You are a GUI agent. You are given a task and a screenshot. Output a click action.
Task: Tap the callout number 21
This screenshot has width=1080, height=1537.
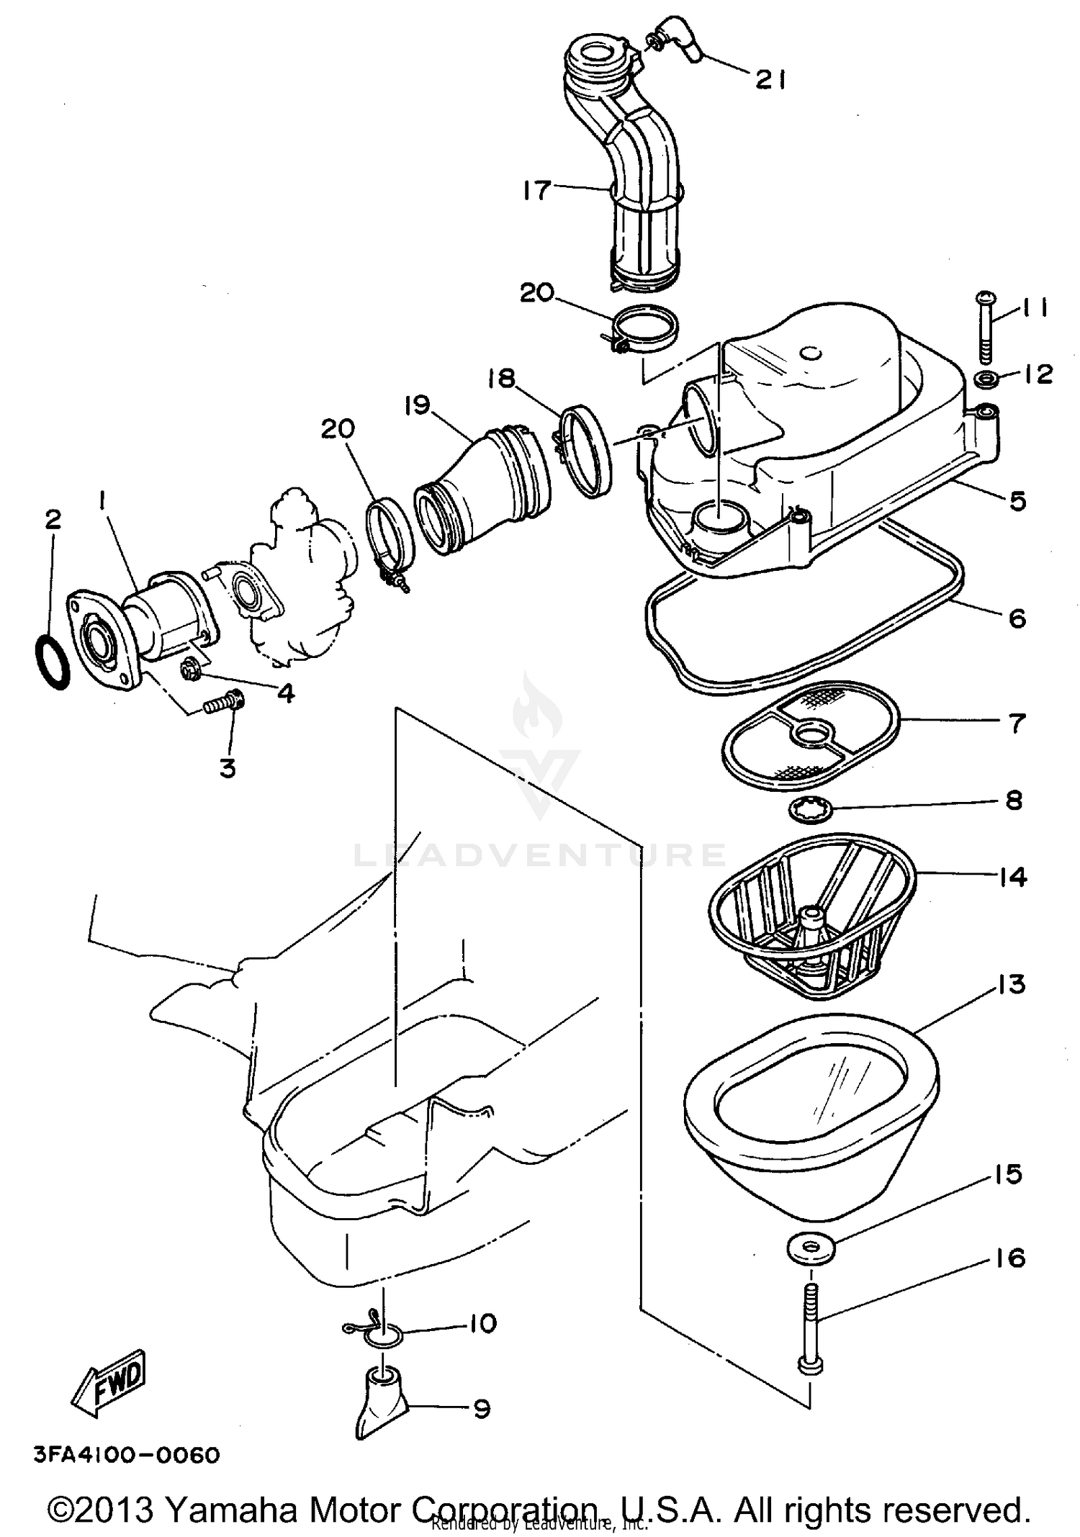click(x=770, y=79)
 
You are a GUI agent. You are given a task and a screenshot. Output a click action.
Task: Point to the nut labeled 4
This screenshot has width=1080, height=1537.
click(x=192, y=670)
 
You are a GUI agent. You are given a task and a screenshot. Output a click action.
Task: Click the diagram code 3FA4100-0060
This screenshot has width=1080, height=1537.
click(x=127, y=1455)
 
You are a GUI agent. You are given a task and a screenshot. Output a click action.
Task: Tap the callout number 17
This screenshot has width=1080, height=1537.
click(x=537, y=191)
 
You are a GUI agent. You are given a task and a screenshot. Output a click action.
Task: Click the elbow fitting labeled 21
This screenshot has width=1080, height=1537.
click(x=675, y=37)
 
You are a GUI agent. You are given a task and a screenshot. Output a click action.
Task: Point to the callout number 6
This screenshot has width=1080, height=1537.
click(x=1017, y=618)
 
